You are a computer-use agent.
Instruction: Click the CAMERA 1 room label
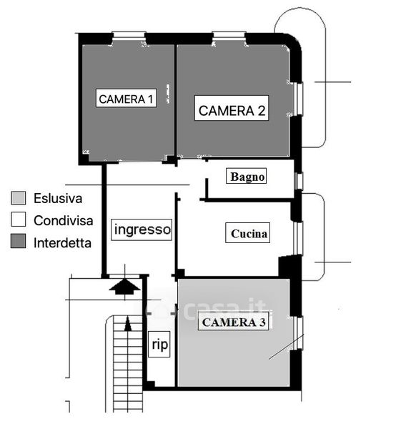click(x=126, y=98)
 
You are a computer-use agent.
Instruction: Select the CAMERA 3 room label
click(x=233, y=322)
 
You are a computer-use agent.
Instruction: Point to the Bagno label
click(x=247, y=176)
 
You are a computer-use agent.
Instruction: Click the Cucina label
click(x=248, y=233)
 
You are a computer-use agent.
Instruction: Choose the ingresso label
click(x=142, y=230)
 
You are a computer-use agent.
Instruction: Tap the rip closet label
click(x=159, y=344)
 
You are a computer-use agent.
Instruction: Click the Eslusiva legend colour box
click(x=19, y=198)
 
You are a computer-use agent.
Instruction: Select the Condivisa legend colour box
click(x=19, y=220)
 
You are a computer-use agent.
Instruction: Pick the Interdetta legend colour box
click(x=19, y=241)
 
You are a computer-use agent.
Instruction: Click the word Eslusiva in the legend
click(x=58, y=198)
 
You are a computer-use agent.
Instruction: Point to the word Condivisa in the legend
click(x=63, y=220)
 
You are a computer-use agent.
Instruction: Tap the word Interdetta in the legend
click(x=62, y=243)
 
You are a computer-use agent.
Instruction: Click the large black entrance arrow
click(x=124, y=287)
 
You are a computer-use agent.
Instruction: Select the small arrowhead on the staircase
click(x=128, y=324)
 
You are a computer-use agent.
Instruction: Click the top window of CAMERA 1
click(x=129, y=35)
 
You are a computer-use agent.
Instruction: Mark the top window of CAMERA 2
click(x=229, y=35)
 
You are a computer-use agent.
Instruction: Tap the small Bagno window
click(x=299, y=181)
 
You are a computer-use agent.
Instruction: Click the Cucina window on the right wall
click(x=299, y=238)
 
